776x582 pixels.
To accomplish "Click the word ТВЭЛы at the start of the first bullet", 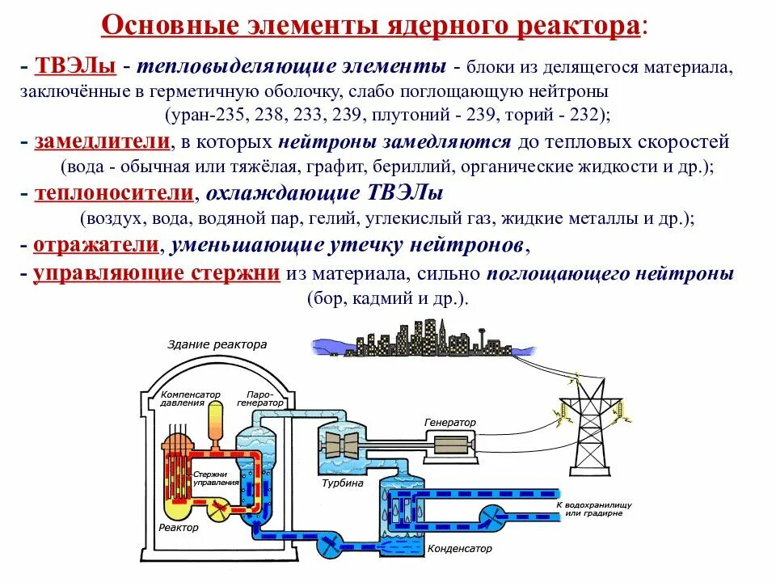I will point(74,65).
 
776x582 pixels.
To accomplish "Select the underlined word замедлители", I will point(102,142).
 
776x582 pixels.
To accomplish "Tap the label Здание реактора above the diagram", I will point(217,344).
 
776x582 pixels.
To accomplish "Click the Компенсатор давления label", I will point(190,398).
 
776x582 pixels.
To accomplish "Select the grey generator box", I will point(457,445).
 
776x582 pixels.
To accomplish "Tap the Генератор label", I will point(450,423).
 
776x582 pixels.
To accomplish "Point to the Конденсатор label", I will point(459,548).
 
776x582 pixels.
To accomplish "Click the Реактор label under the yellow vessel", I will point(178,528).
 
